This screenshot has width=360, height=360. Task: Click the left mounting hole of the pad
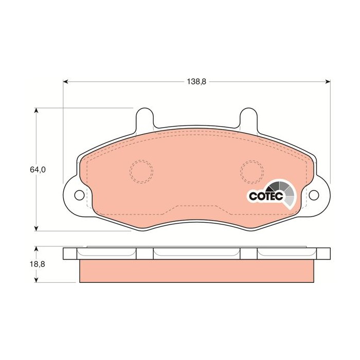point(79,195)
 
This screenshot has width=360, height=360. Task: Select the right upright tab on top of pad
point(249,118)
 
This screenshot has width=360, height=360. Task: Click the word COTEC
point(263,196)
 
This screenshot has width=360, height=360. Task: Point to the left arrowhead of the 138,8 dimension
point(66,82)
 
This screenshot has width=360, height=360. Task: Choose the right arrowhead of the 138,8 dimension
point(328,82)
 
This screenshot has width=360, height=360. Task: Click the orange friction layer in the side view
point(197,271)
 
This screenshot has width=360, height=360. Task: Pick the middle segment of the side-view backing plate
point(197,253)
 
